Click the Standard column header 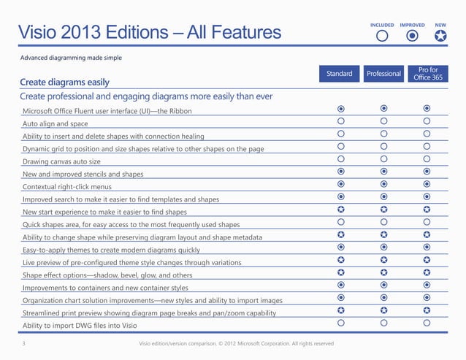click(339, 74)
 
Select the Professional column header click(383, 74)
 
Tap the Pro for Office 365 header click(427, 74)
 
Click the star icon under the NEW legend click(440, 36)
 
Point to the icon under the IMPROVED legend click(412, 36)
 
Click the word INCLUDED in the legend click(382, 25)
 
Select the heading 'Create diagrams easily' click(64, 82)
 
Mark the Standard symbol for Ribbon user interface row click(340, 108)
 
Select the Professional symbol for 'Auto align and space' click(383, 121)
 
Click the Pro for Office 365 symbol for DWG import click(427, 323)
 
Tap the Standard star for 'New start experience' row click(340, 210)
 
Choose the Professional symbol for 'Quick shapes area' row click(383, 222)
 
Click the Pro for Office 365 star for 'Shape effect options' click(427, 272)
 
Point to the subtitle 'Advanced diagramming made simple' click(70, 57)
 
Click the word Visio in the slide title click(47, 32)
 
